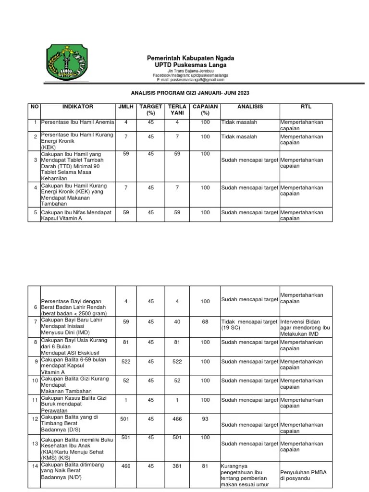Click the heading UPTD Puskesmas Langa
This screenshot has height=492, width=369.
(x=191, y=65)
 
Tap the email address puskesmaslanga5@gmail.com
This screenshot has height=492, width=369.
(x=191, y=80)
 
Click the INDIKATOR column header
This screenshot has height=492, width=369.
(x=78, y=107)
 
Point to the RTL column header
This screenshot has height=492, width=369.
(x=306, y=107)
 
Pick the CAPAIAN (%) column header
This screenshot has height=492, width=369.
(x=205, y=110)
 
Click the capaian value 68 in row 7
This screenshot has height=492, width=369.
(x=205, y=321)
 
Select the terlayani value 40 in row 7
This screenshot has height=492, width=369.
(x=177, y=321)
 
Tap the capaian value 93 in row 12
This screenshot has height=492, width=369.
(x=205, y=419)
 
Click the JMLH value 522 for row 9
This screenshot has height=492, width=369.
(x=126, y=361)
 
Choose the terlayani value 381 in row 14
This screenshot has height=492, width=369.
(x=177, y=466)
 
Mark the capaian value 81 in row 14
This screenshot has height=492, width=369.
(x=205, y=466)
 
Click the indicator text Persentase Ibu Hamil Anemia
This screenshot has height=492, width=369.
(x=77, y=123)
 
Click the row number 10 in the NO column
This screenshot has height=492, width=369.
(x=35, y=381)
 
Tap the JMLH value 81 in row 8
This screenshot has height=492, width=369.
(x=126, y=342)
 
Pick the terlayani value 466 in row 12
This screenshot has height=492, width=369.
(x=177, y=419)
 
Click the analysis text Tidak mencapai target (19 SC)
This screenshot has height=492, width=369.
(x=249, y=324)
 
